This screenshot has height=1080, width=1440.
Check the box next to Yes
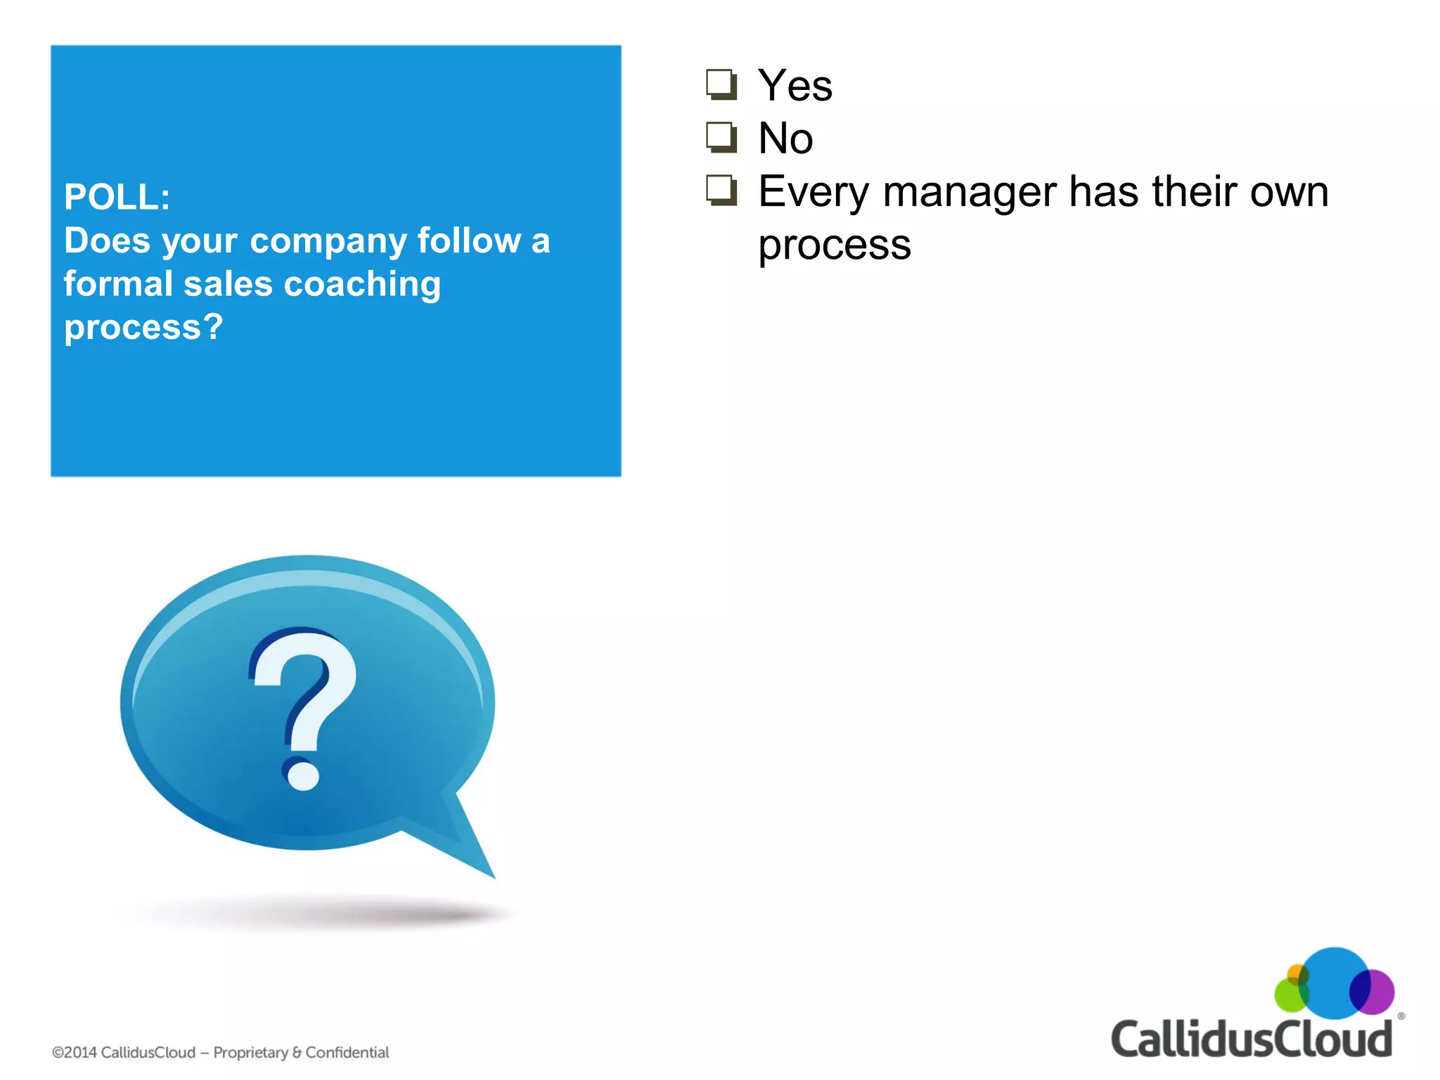721,85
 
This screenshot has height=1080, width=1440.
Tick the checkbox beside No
721,138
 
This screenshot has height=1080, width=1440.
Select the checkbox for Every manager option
721,191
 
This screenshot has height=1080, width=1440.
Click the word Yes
795,86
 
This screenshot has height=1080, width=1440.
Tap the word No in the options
785,139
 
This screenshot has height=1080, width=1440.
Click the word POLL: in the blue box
117,197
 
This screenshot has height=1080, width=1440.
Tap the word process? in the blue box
143,328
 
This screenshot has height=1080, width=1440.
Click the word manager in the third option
970,192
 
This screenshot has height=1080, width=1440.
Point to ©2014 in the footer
75,1053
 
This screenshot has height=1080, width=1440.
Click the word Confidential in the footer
347,1053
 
